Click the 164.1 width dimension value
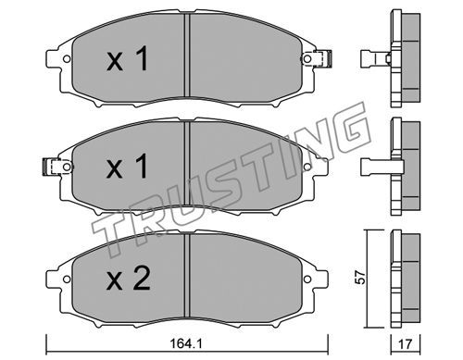point(186,343)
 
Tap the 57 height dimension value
point(360,278)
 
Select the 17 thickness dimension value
point(406,344)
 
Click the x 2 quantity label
point(128,279)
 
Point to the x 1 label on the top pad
point(127,58)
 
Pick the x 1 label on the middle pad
point(127,167)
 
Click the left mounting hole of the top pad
point(67,58)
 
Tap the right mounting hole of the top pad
point(307,58)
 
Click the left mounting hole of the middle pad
point(67,167)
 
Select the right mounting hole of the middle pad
point(307,167)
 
